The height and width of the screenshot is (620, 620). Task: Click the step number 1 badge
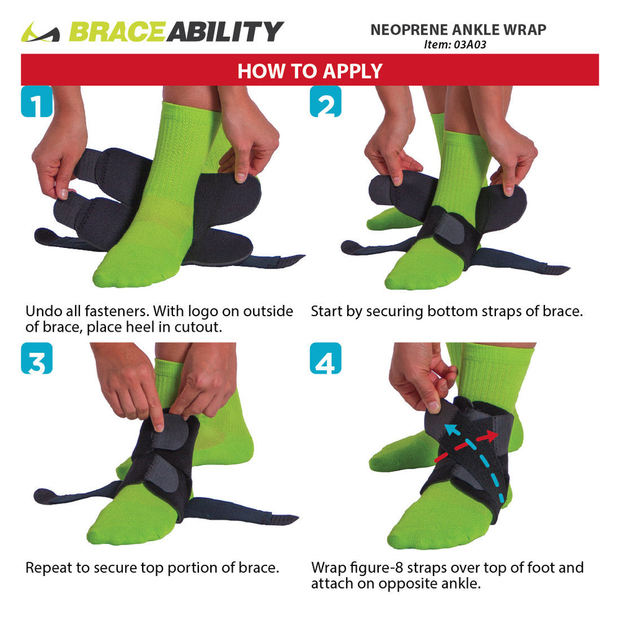37,101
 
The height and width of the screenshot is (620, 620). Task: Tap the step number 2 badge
325,101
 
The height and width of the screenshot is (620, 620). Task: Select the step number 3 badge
37,358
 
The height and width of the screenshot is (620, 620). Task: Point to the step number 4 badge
325,358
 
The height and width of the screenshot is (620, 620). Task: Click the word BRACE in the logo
117,32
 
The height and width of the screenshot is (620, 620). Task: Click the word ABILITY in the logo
225,32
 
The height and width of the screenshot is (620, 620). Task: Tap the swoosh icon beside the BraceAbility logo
40,32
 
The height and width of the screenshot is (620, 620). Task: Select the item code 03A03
470,44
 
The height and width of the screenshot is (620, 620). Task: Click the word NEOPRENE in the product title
409,30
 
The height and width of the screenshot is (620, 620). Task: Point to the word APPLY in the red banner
353,71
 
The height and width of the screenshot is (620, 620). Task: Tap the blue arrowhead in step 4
449,428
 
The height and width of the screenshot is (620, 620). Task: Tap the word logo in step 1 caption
203,312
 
